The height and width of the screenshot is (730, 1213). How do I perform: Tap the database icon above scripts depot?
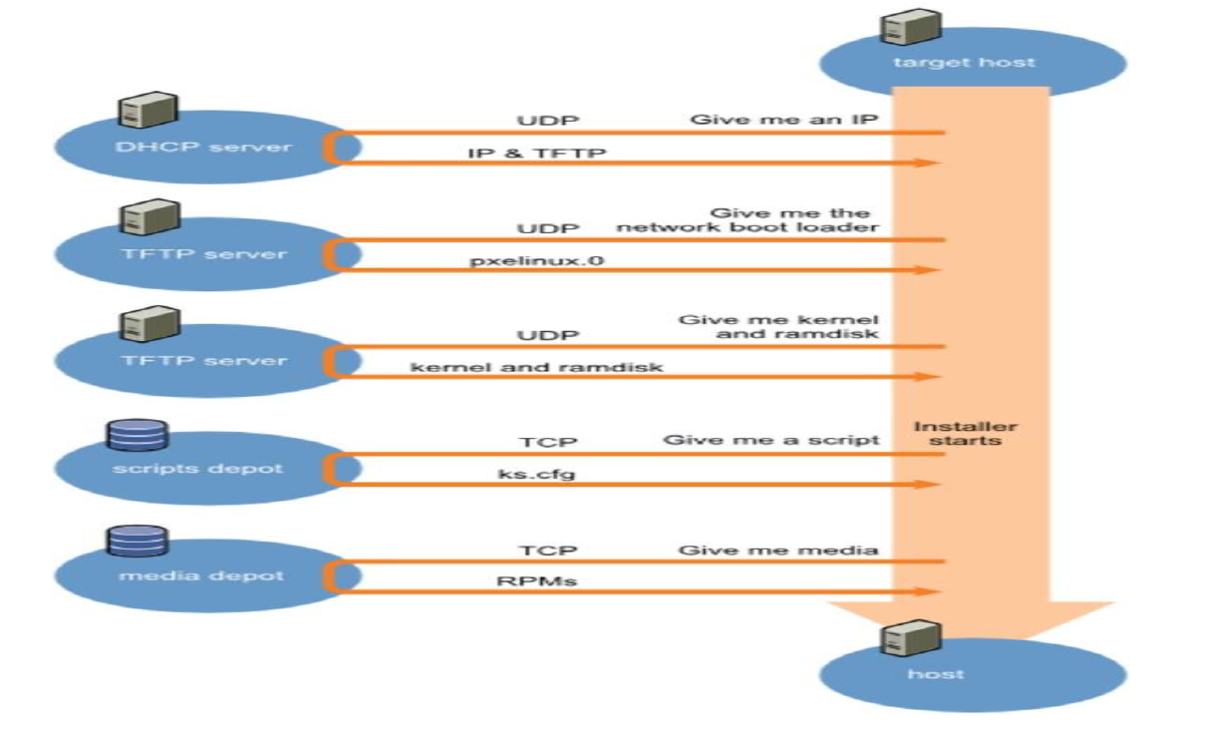pos(137,434)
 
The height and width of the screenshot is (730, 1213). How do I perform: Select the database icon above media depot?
pos(137,541)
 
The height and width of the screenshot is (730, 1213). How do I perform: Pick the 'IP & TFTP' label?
pos(536,154)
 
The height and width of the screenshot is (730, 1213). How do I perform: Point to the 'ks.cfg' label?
pos(537,475)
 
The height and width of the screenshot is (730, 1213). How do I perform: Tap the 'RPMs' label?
pos(536,581)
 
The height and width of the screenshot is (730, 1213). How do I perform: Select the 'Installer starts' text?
pos(966,433)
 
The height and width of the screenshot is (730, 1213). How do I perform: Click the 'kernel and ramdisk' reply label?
pos(537,368)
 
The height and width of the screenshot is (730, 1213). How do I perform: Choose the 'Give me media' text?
pos(778,549)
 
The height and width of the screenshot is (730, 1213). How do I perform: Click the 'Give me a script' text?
pos(770,440)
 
